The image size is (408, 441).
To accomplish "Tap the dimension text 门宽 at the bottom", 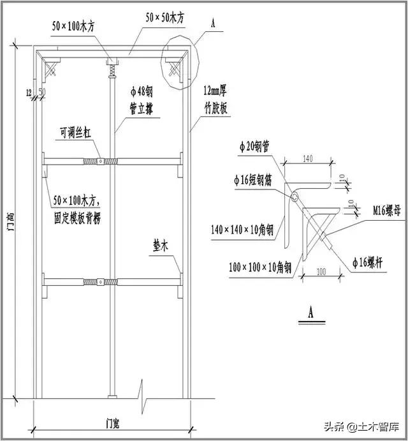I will coord(115,422).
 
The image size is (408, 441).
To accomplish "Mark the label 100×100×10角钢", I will coord(260,267).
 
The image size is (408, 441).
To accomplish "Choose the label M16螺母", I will coord(385,209).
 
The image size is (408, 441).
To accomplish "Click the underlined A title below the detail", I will coord(311,314).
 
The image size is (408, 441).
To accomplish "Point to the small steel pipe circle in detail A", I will coord(295,198).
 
